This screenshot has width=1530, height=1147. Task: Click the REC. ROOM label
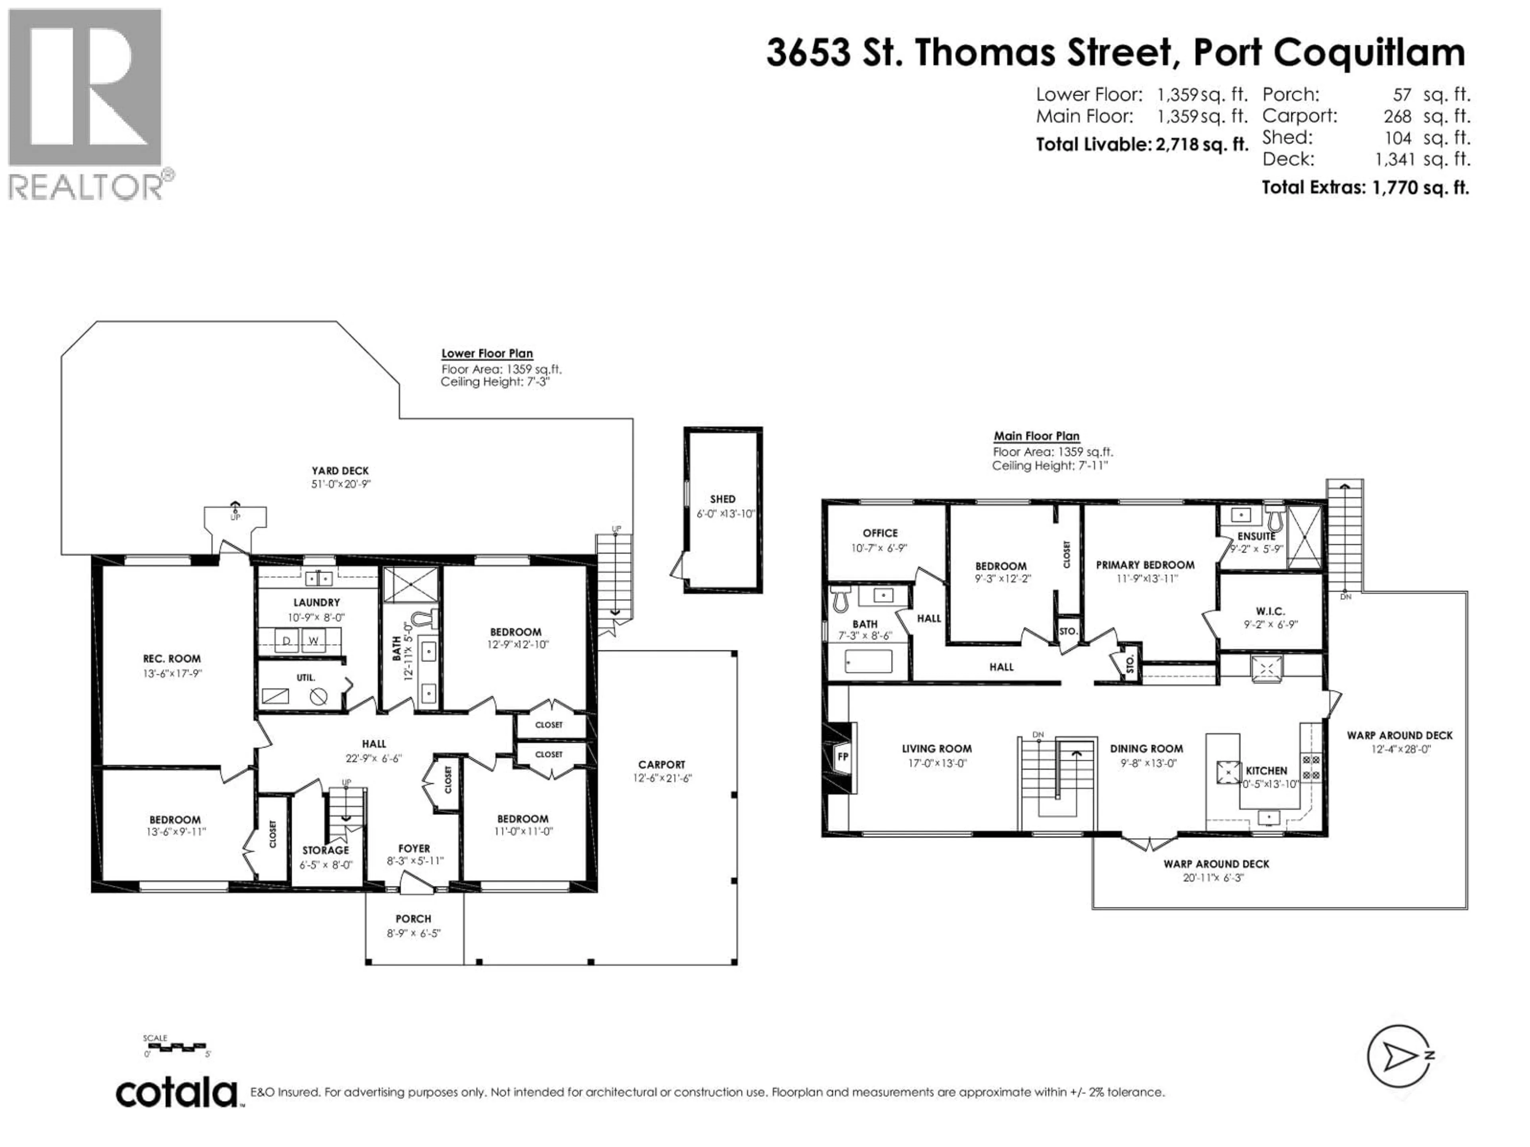pyautogui.click(x=172, y=659)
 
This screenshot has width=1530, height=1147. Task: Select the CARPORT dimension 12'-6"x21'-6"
pyautogui.click(x=662, y=778)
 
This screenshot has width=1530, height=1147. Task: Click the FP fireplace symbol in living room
pyautogui.click(x=842, y=756)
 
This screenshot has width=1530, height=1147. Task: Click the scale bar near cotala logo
pyautogui.click(x=177, y=1047)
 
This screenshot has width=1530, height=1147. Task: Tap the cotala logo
pyautogui.click(x=177, y=1094)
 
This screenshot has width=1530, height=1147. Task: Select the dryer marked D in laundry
pyautogui.click(x=286, y=641)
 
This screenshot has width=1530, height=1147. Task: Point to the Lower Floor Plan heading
pyautogui.click(x=487, y=353)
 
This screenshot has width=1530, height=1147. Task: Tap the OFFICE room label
pyautogui.click(x=880, y=533)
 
